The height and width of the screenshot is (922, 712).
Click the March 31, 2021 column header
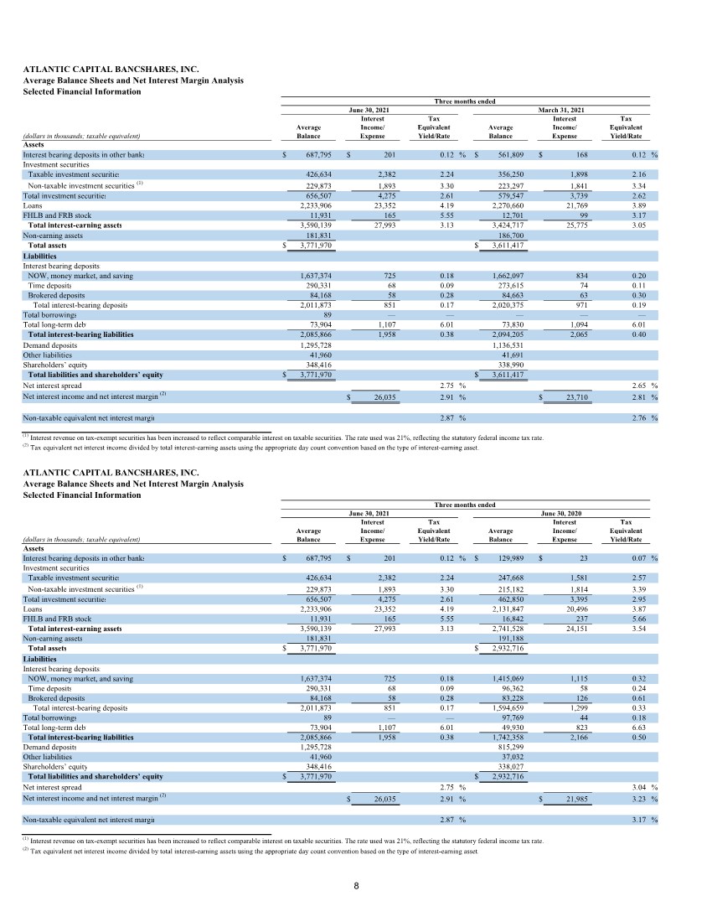tap(565, 110)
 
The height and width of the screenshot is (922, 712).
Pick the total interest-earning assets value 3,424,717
tap(507, 225)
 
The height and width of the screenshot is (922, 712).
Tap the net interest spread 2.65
tap(642, 386)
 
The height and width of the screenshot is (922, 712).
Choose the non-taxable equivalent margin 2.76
tap(642, 417)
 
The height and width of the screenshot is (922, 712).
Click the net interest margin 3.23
tap(642, 800)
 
